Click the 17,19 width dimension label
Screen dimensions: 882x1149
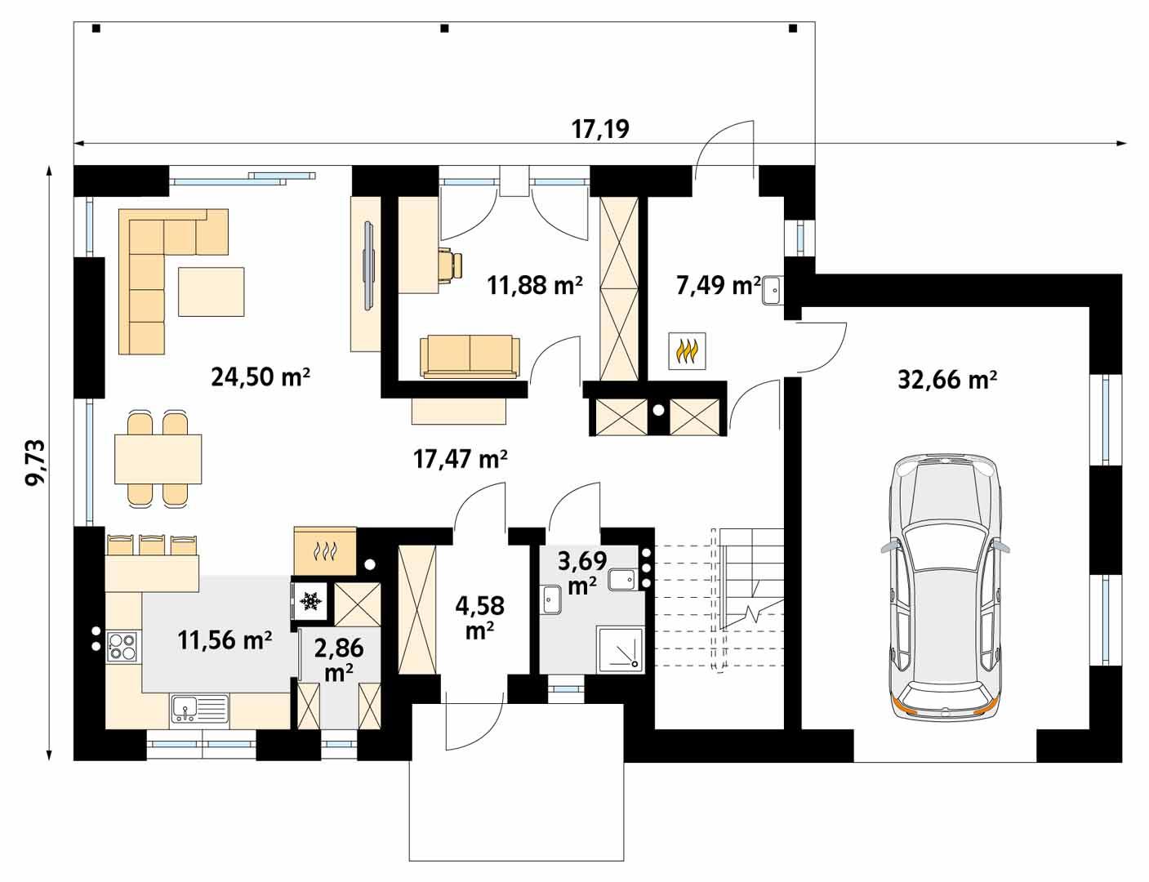click(600, 129)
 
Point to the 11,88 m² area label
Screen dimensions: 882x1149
click(535, 285)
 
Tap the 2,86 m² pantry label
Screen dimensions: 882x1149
click(339, 660)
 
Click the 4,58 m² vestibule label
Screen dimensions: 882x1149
click(479, 617)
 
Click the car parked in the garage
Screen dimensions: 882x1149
click(946, 586)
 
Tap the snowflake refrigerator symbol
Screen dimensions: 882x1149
click(310, 601)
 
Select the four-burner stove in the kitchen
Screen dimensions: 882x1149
click(122, 645)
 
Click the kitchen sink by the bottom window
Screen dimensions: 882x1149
click(199, 709)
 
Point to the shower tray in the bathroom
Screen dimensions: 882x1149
click(624, 650)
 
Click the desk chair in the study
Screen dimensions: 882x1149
click(450, 265)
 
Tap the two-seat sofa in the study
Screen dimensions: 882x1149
click(470, 357)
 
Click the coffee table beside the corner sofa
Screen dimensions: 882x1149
click(212, 292)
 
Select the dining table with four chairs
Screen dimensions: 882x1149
click(158, 459)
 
